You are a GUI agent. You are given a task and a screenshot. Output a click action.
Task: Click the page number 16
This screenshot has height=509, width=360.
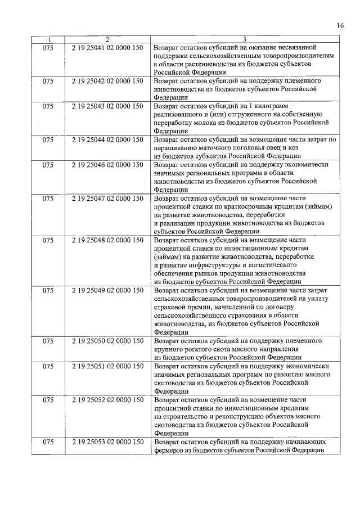coord(340,25)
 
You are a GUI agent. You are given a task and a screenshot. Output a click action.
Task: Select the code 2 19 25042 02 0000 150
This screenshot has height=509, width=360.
coord(107,81)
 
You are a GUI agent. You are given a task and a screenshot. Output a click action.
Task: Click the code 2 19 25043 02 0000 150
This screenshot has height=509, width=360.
coord(107,106)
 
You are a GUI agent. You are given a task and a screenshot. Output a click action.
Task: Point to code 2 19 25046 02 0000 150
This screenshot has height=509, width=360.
coord(107,165)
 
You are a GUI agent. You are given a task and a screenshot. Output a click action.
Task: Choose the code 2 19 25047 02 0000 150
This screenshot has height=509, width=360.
coord(107,199)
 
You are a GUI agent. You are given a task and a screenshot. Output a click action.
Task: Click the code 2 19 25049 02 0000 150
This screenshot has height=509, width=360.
coord(107,290)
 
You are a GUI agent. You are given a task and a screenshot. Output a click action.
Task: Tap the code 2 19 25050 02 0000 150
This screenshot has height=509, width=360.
coord(107,341)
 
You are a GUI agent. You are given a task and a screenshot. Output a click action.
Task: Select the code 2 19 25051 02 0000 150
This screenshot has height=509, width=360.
coord(107,366)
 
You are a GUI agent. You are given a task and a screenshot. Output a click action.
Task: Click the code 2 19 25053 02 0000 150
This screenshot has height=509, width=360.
coord(107,442)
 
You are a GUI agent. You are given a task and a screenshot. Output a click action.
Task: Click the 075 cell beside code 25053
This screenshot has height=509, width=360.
coord(48,442)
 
